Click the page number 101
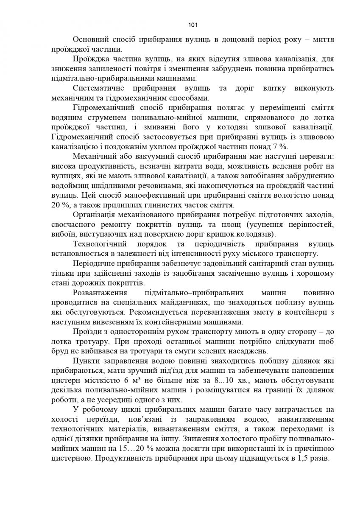point(180,24)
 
